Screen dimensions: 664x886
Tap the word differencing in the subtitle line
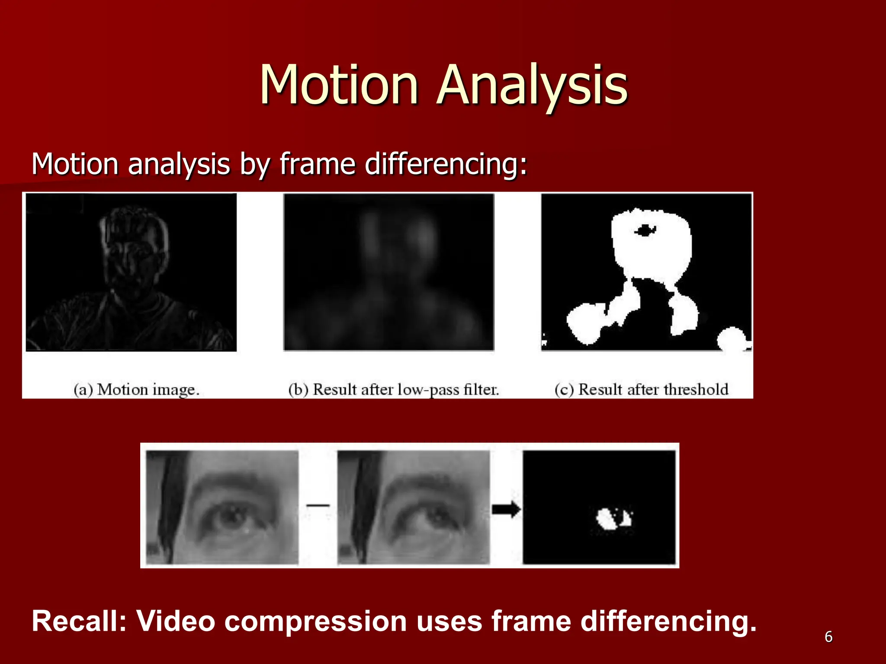coord(446,164)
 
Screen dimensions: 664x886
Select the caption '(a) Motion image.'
coord(136,389)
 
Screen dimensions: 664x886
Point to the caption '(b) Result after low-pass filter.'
coord(394,389)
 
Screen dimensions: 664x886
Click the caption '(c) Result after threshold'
coord(642,389)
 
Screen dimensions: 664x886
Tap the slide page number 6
coord(828,637)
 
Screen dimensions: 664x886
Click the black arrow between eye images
coord(506,509)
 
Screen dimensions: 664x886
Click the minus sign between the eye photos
coord(318,505)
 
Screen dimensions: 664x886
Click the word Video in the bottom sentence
coord(176,621)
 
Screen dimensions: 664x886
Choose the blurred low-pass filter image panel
coord(388,271)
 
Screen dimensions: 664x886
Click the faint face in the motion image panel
coord(132,255)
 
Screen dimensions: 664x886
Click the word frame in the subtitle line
coord(317,164)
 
